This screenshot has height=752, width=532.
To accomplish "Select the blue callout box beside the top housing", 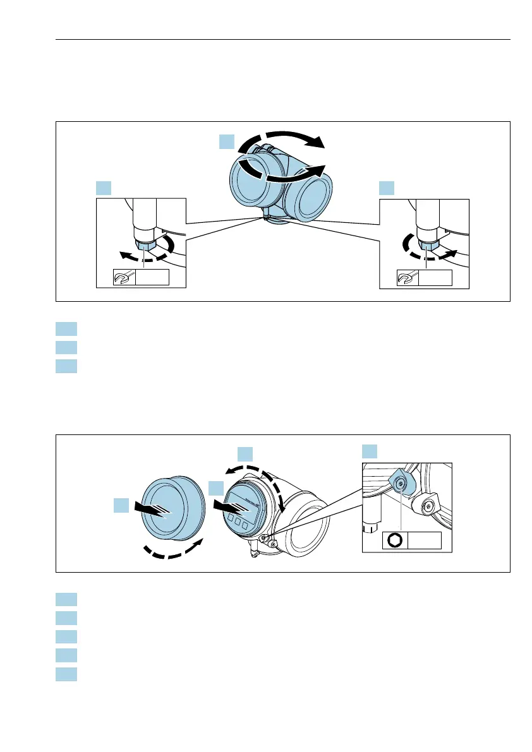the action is [227, 141].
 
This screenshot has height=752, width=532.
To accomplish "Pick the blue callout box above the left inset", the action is [104, 188].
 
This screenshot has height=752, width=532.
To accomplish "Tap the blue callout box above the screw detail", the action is [370, 451].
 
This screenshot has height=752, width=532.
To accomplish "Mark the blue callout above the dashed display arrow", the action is [245, 453].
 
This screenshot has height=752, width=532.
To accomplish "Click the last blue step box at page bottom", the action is [66, 674].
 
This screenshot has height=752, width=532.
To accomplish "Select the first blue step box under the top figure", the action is [66, 328].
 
